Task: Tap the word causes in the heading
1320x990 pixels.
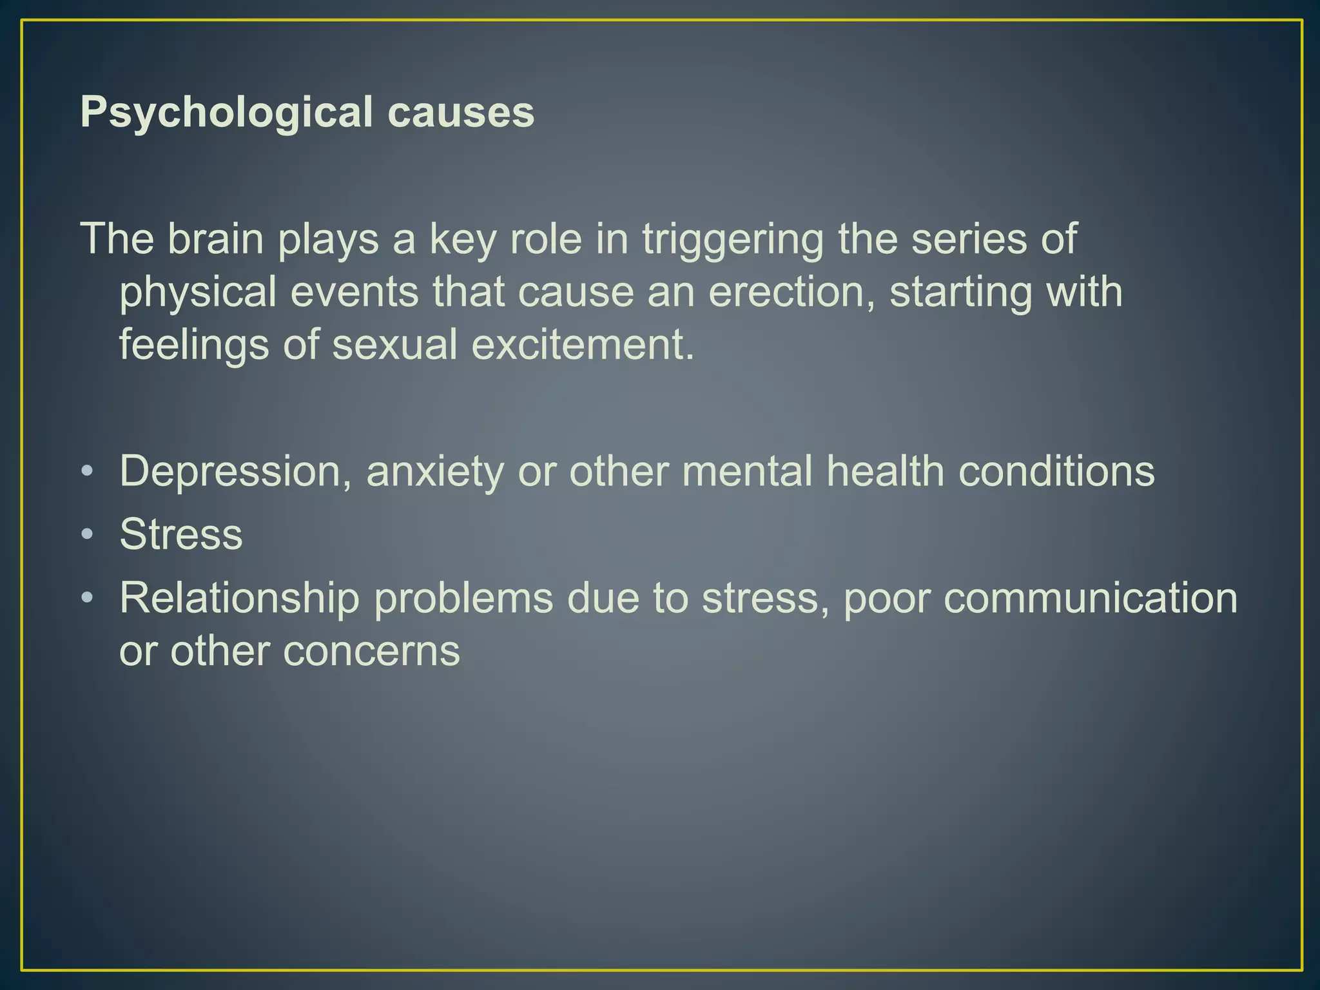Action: point(461,113)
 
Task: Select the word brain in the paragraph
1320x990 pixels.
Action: point(215,238)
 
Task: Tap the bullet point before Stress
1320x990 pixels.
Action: point(87,534)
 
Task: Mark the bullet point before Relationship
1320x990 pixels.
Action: point(87,597)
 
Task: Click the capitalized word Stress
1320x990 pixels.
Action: point(181,534)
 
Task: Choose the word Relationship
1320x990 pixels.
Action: point(239,599)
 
